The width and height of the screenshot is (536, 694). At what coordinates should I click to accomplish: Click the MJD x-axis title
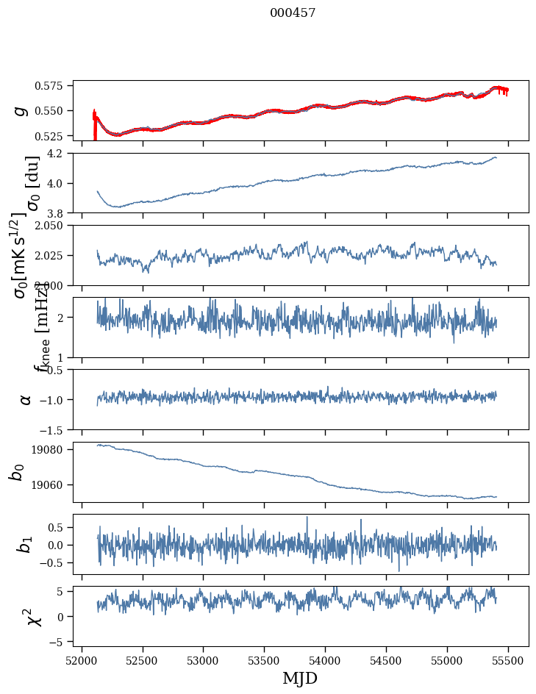300,678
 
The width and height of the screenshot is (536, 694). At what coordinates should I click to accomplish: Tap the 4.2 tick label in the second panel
59,154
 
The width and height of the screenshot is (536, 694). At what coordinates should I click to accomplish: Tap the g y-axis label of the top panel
21,110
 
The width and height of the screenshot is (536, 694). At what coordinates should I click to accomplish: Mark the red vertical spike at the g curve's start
94,125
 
